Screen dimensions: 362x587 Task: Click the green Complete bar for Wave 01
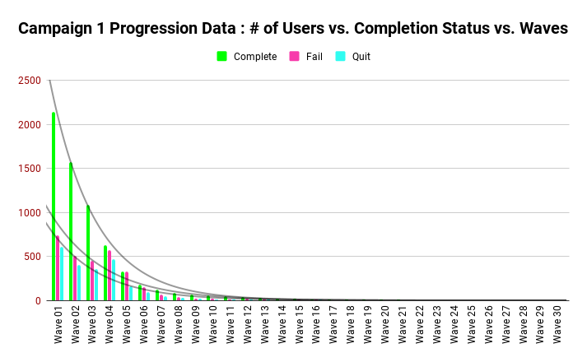pyautogui.click(x=54, y=206)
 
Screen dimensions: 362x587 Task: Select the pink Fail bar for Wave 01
pyautogui.click(x=58, y=268)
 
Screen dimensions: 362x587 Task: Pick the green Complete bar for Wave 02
pyautogui.click(x=71, y=231)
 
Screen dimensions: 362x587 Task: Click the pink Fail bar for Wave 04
pyautogui.click(x=109, y=276)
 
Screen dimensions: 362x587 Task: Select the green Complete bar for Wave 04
pyautogui.click(x=105, y=273)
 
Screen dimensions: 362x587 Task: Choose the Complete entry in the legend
pyautogui.click(x=247, y=57)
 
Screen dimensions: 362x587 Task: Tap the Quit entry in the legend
pyautogui.click(x=353, y=57)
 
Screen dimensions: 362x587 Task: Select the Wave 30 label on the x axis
pyautogui.click(x=558, y=324)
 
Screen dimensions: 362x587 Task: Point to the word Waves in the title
pyautogui.click(x=541, y=29)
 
